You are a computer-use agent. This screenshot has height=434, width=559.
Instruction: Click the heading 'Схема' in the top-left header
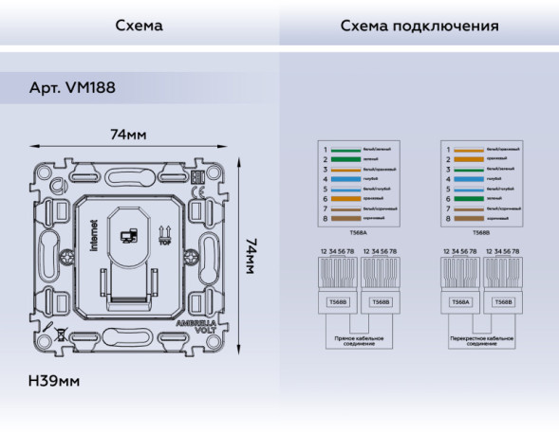click(x=139, y=26)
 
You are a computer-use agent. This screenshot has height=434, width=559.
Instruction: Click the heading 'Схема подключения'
click(x=419, y=26)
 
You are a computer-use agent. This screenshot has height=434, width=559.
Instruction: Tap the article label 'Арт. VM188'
click(x=73, y=88)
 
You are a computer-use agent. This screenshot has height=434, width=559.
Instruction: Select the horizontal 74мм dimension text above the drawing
click(x=129, y=135)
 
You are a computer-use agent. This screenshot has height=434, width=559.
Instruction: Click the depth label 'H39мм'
click(x=54, y=381)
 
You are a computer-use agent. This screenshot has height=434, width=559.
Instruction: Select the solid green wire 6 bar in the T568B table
click(x=469, y=199)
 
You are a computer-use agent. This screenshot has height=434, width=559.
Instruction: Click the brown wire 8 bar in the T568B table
click(x=469, y=219)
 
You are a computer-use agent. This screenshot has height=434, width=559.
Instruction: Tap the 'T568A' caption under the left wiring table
click(x=358, y=232)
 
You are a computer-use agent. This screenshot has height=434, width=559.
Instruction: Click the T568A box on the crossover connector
click(x=459, y=302)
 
